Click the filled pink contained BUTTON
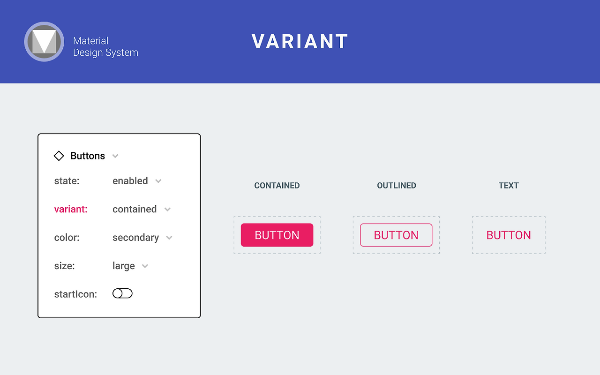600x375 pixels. [277, 235]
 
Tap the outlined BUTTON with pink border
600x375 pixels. [396, 235]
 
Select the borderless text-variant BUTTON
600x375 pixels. [509, 235]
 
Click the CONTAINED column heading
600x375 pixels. [277, 186]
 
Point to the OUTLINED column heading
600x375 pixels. [397, 186]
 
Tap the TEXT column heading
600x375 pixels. [509, 186]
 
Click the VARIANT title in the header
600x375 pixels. [300, 42]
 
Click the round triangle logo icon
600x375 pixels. [44, 42]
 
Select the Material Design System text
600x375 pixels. [105, 47]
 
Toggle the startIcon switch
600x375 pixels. [122, 293]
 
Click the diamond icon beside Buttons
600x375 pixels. [59, 156]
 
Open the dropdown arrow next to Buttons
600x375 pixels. [115, 156]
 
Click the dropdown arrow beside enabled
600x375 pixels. [158, 181]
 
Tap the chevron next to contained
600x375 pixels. [167, 210]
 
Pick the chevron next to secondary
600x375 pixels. [169, 238]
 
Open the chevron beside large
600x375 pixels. [145, 266]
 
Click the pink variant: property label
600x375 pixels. [71, 209]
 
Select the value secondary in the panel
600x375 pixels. [135, 238]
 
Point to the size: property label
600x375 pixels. [65, 266]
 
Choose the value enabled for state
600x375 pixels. [130, 181]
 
